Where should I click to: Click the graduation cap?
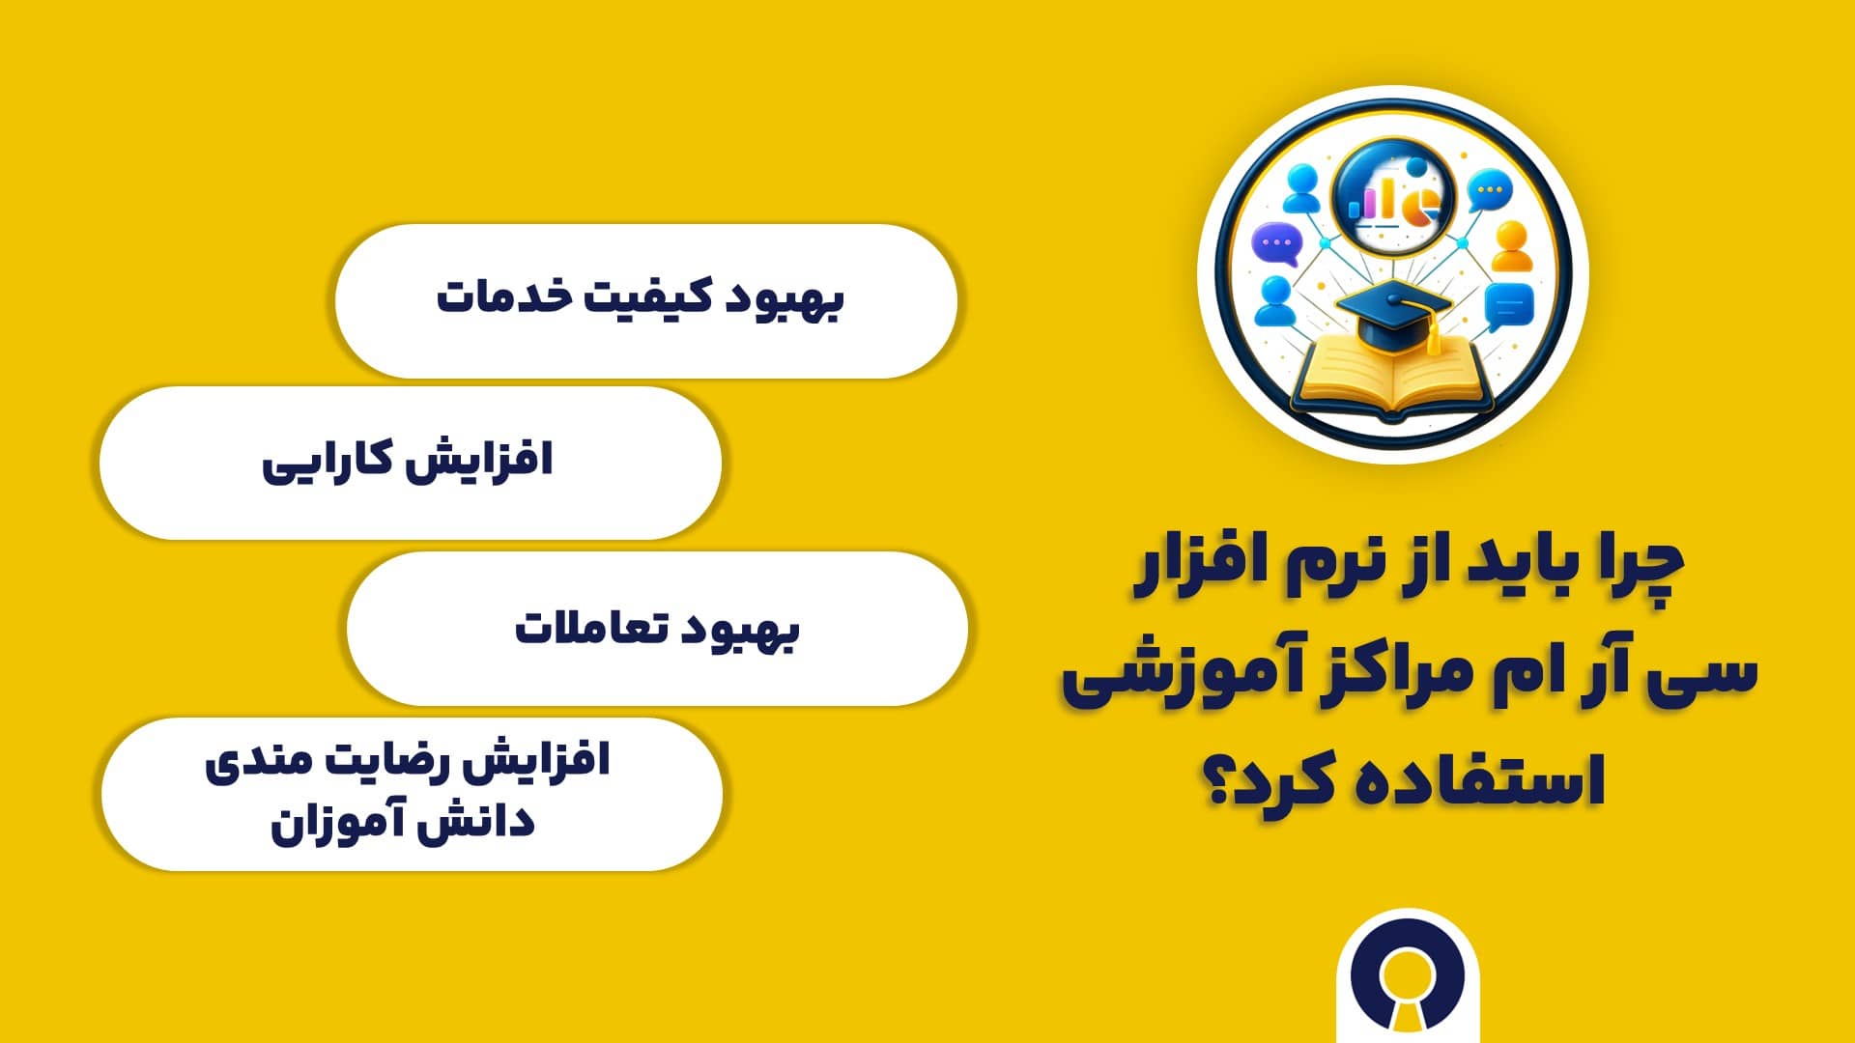coord(1391,314)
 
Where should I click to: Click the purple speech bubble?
coord(1276,245)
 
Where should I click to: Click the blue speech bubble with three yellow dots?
coord(1489,190)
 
